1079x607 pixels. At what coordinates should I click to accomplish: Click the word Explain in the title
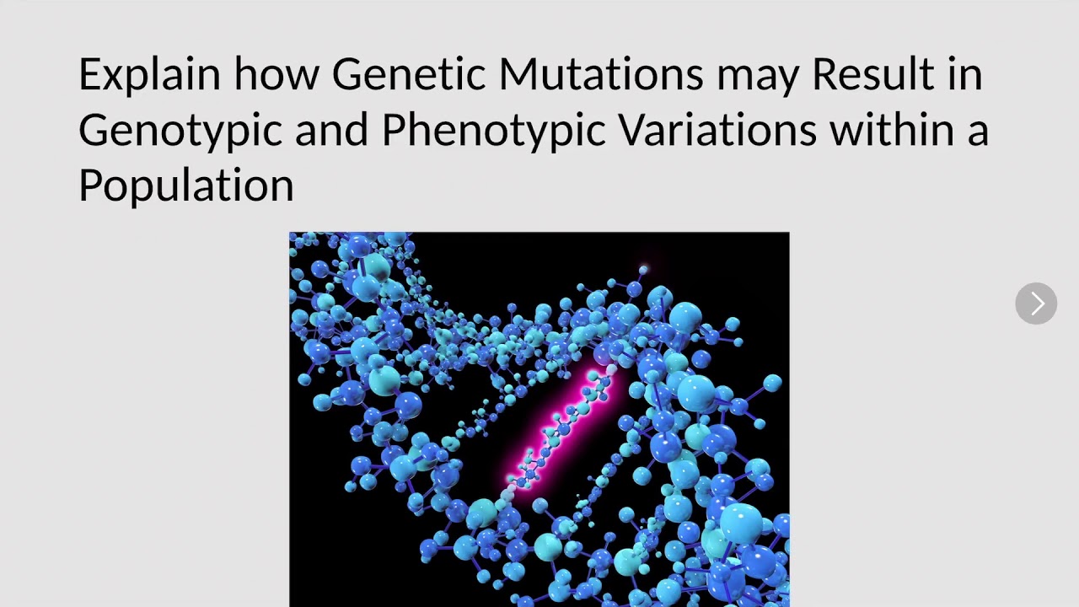(x=149, y=74)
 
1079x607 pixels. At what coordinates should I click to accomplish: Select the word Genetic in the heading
(x=408, y=74)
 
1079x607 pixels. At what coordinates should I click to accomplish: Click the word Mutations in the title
(x=600, y=74)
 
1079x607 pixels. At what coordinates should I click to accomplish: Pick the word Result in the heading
(x=872, y=74)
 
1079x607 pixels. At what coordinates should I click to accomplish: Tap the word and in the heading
(x=331, y=130)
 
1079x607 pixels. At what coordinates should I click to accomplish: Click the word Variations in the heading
(x=717, y=130)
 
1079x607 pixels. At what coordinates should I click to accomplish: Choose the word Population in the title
(x=185, y=185)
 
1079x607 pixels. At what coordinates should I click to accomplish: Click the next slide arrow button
(x=1036, y=303)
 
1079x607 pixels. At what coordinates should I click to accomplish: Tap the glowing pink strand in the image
(x=560, y=430)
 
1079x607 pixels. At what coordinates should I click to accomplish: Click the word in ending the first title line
(x=964, y=74)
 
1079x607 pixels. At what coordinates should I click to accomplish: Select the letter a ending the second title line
(x=978, y=133)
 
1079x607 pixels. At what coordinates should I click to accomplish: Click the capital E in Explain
(x=89, y=74)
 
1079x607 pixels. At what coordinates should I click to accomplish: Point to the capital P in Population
(x=89, y=184)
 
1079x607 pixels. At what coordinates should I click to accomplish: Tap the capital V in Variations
(x=634, y=130)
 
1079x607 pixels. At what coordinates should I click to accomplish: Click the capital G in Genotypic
(x=94, y=131)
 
